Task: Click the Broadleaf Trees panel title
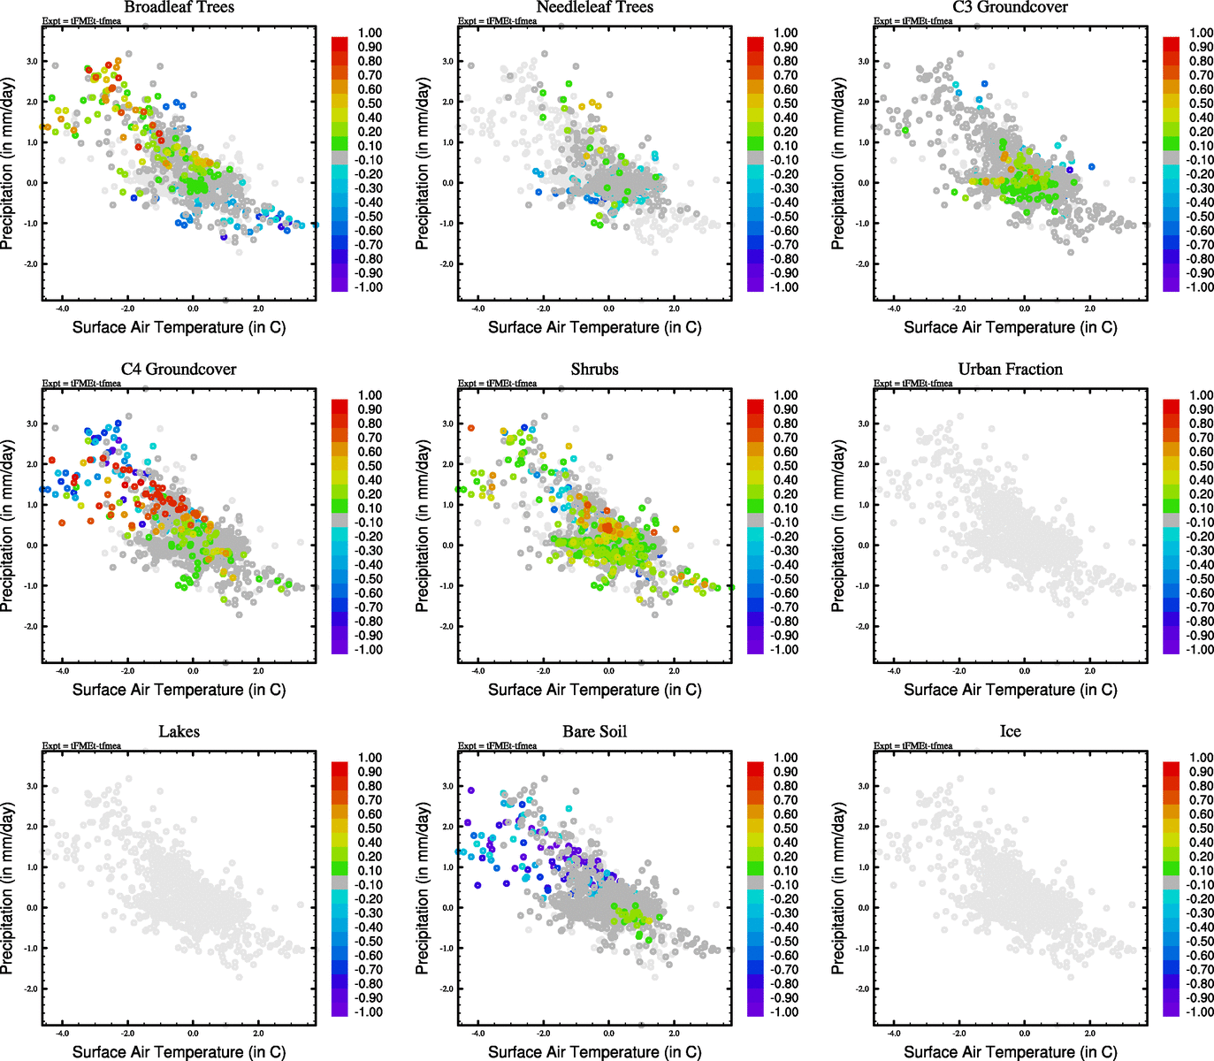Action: (x=179, y=8)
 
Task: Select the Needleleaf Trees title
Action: (x=594, y=8)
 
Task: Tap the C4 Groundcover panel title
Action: (x=179, y=370)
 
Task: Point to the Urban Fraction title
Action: (x=1010, y=370)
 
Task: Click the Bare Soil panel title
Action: (x=594, y=732)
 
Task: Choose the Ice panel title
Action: (x=1010, y=732)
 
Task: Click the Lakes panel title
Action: (x=179, y=732)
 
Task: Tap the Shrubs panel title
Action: (x=594, y=370)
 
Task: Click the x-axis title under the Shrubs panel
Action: (x=594, y=690)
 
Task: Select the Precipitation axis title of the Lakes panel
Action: (x=8, y=889)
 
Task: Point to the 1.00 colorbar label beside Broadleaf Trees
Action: (x=370, y=33)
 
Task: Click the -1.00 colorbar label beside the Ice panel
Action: (x=1199, y=1011)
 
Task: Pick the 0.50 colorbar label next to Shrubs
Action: (x=785, y=466)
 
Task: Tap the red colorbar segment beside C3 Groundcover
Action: (x=1171, y=42)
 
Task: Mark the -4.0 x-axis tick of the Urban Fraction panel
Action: (x=894, y=671)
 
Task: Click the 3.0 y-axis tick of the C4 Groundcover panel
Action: (x=32, y=424)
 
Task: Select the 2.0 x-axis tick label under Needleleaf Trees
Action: (x=674, y=309)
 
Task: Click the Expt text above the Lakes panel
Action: (x=81, y=745)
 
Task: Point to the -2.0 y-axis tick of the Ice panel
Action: (x=862, y=988)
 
